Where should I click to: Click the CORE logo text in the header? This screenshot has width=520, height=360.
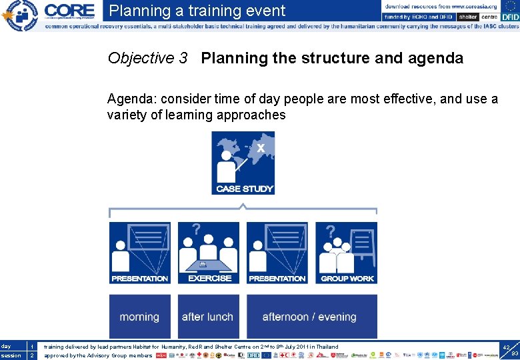tap(69, 11)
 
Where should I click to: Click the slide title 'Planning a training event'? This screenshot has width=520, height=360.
tap(197, 11)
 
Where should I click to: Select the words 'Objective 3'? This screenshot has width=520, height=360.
tap(147, 59)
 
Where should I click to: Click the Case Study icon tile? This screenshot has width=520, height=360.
tap(243, 163)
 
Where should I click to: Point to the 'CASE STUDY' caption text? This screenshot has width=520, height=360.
tap(243, 189)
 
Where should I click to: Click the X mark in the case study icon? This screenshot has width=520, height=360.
tap(261, 147)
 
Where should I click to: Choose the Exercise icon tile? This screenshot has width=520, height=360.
tap(209, 253)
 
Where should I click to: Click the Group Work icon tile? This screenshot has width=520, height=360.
tap(347, 253)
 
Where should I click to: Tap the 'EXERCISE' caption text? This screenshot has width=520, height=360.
tap(209, 278)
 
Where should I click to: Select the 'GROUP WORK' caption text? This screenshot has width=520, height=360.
tap(347, 279)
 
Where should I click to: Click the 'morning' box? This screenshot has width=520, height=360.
tap(139, 317)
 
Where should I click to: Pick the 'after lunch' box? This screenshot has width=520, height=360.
tap(207, 317)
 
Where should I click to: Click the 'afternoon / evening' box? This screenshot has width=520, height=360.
tap(310, 317)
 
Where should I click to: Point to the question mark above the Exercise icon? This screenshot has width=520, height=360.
tap(196, 230)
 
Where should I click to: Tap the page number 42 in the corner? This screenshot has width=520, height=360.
tap(506, 348)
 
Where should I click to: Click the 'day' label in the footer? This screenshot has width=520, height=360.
tap(7, 347)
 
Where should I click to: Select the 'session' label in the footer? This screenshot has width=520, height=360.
tap(11, 355)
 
